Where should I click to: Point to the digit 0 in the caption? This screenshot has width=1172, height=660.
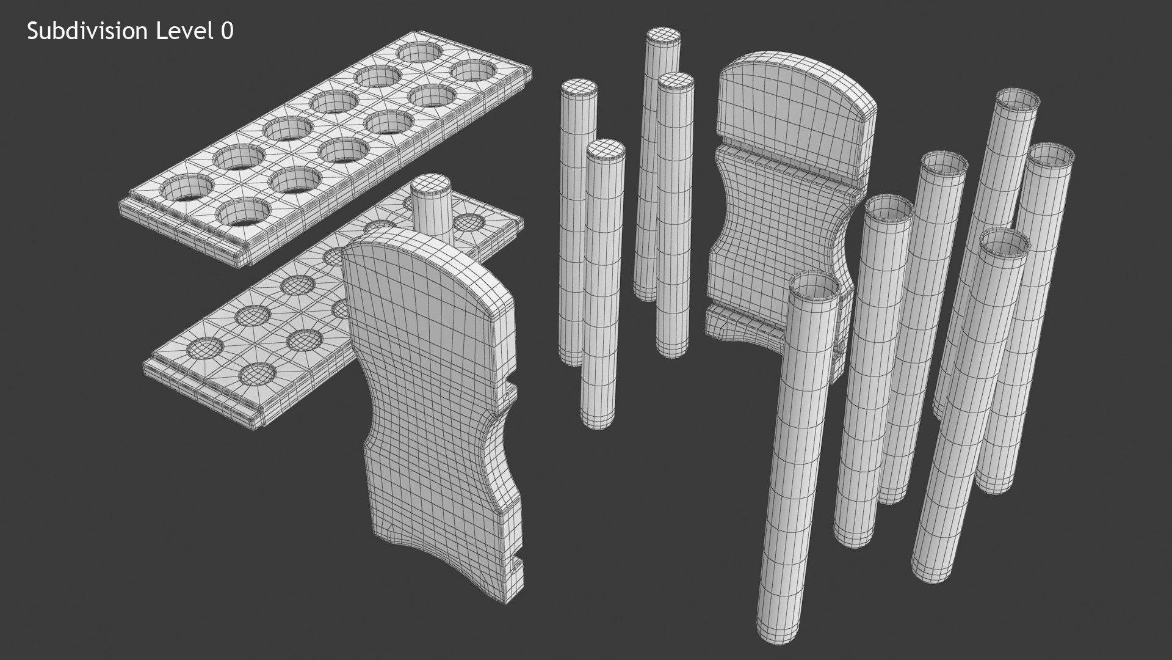pyautogui.click(x=227, y=32)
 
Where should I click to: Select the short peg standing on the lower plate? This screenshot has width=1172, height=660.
pyautogui.click(x=432, y=205)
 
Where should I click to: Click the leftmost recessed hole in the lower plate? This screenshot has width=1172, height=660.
pyautogui.click(x=205, y=348)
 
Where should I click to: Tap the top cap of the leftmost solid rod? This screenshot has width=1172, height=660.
pyautogui.click(x=579, y=89)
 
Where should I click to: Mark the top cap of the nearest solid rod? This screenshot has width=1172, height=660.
pyautogui.click(x=604, y=149)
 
